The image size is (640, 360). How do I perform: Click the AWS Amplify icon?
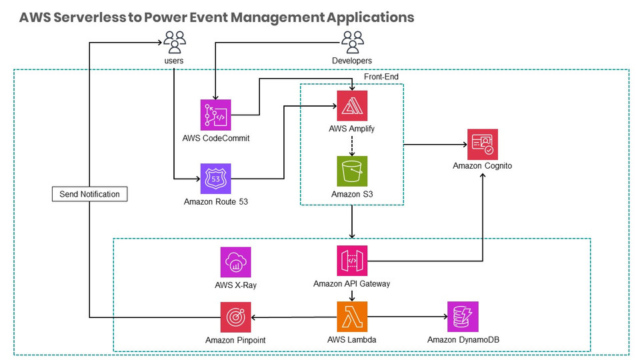coord(352,105)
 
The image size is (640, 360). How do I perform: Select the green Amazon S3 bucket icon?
coord(352,171)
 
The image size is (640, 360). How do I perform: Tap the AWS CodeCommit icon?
coord(216,115)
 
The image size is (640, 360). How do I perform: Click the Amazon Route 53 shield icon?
coord(216,179)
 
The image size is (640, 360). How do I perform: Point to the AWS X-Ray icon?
coord(236,262)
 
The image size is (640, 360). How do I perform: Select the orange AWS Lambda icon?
coord(352,317)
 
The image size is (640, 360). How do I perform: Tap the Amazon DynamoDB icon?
coord(463,317)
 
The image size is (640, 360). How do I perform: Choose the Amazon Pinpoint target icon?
coord(236,317)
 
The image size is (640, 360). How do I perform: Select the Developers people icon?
coord(352,43)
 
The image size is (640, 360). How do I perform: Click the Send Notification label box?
coord(89,194)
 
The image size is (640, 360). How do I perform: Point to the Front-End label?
coord(381,77)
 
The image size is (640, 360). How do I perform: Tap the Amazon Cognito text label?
coord(482,165)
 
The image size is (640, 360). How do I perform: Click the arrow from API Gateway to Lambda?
coord(352,294)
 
